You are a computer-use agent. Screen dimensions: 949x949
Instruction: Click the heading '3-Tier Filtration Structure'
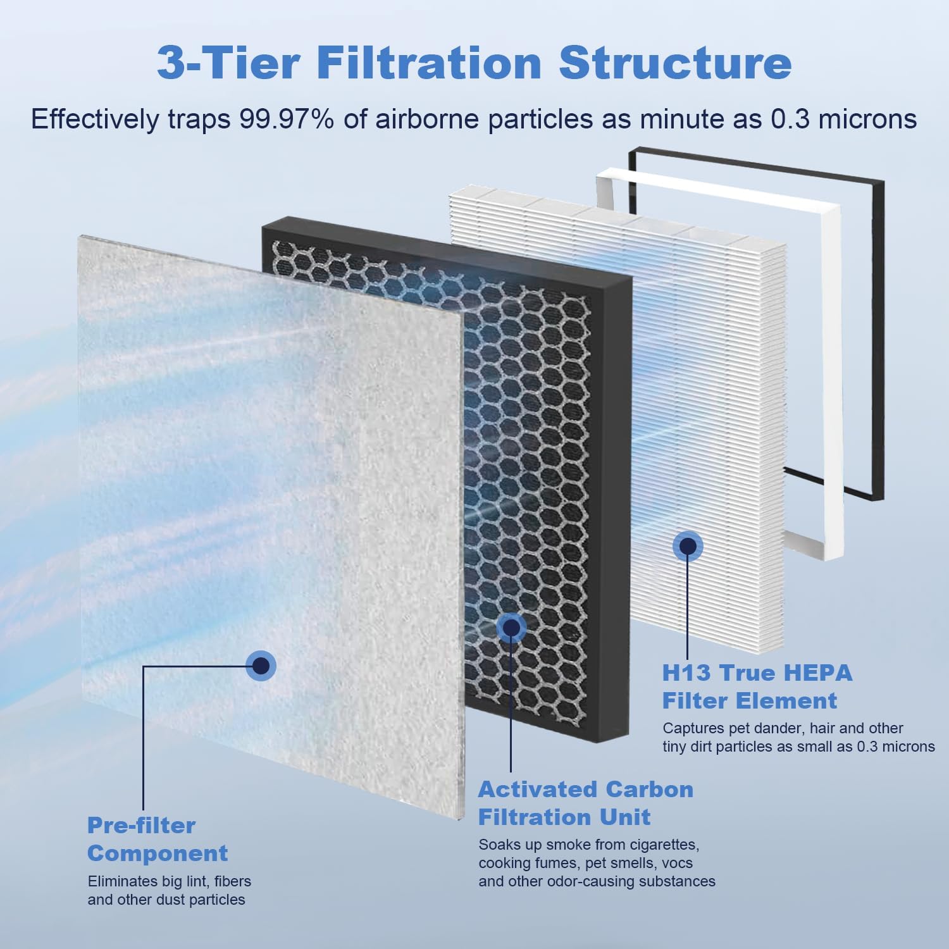(474, 63)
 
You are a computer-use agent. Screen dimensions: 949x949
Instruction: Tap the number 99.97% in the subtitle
(286, 119)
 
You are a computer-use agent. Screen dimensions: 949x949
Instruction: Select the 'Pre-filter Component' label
(157, 839)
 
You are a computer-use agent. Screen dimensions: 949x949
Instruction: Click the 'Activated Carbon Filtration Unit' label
(585, 803)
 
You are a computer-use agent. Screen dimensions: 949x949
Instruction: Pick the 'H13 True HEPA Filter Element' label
(757, 686)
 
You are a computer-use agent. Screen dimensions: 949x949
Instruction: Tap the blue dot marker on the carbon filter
(511, 626)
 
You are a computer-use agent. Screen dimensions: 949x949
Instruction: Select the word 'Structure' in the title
(675, 63)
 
